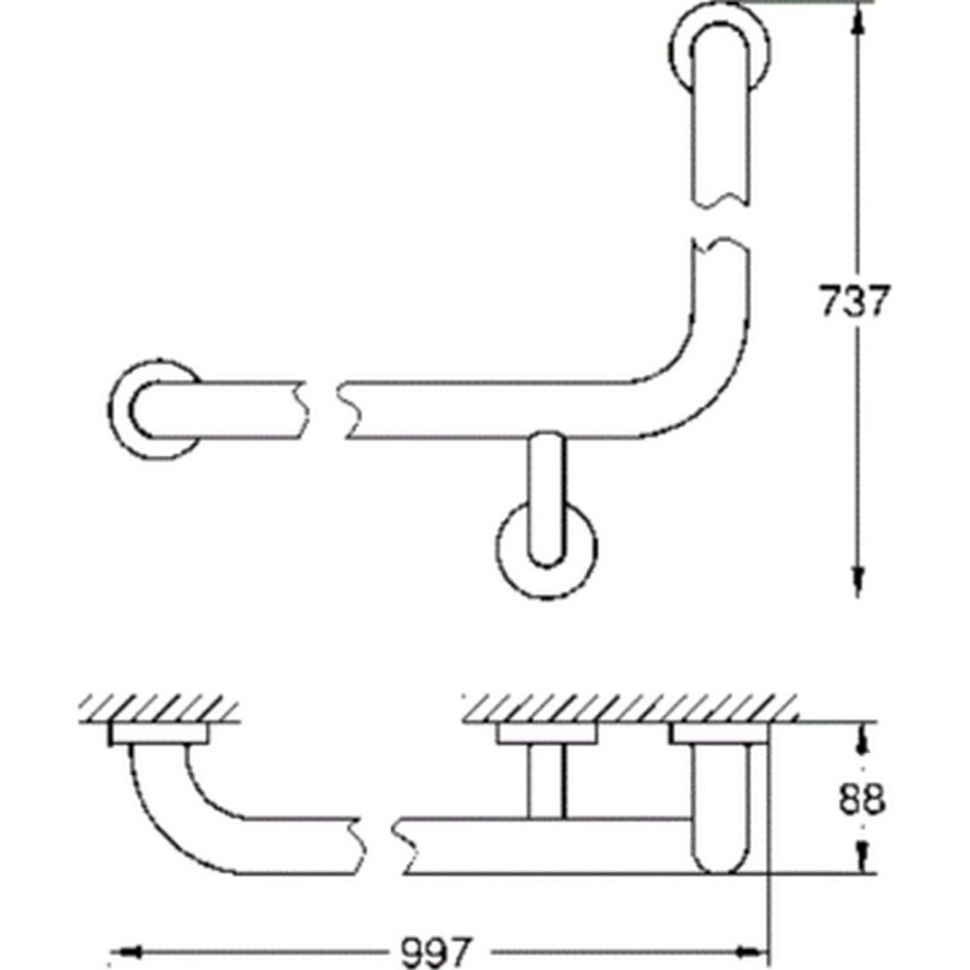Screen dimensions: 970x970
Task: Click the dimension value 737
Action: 855,303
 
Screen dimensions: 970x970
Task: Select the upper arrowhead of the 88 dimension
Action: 859,735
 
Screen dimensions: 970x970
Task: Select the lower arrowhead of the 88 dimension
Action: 859,858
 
